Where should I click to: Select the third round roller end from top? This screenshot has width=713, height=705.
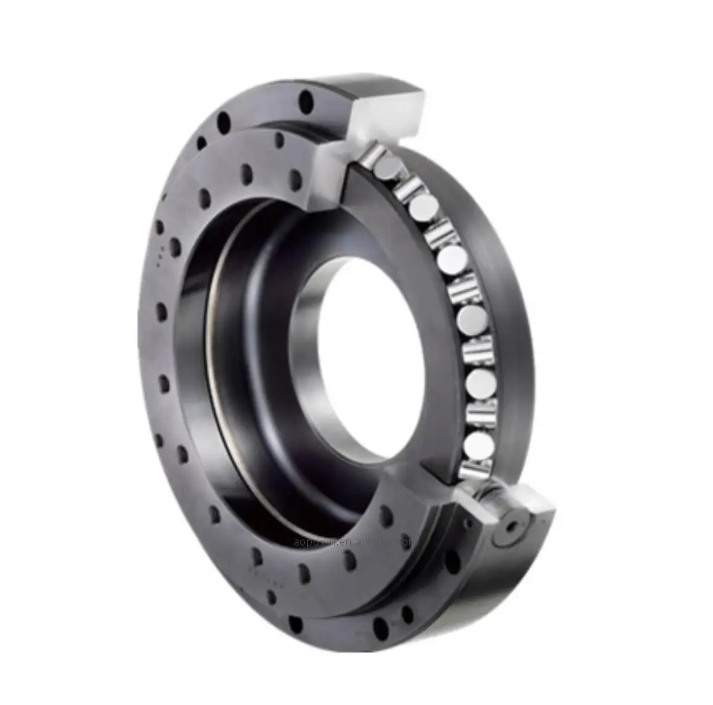(x=451, y=259)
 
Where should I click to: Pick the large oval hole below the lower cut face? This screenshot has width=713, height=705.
(x=453, y=561)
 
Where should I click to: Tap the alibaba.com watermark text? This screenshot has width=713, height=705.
(x=352, y=542)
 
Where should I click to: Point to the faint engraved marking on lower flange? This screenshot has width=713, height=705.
(x=259, y=571)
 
